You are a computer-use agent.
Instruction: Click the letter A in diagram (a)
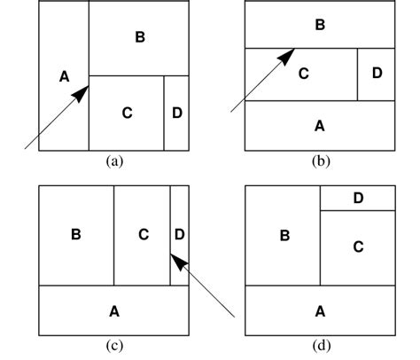pos(64,76)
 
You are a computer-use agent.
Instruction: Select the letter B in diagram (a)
pos(139,36)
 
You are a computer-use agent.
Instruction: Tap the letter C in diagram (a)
pos(127,113)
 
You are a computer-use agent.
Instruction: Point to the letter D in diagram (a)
pos(177,113)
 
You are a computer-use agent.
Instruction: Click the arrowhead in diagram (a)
pos(81,90)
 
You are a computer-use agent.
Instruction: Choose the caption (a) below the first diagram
pos(113,161)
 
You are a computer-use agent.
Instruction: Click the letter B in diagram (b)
pos(320,25)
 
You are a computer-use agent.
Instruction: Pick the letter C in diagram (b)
pos(303,74)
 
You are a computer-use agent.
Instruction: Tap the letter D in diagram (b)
pos(377,74)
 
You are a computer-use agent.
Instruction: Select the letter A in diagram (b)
pos(320,125)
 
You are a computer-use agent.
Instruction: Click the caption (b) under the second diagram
pos(320,161)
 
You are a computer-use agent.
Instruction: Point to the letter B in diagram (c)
pos(76,235)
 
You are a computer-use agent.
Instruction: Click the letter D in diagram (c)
pos(180,235)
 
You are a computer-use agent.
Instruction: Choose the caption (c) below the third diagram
pos(113,346)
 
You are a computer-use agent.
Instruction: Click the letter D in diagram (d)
pos(358,198)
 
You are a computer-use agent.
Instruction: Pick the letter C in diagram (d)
pos(358,247)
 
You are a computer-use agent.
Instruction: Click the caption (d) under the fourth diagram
pos(320,346)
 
